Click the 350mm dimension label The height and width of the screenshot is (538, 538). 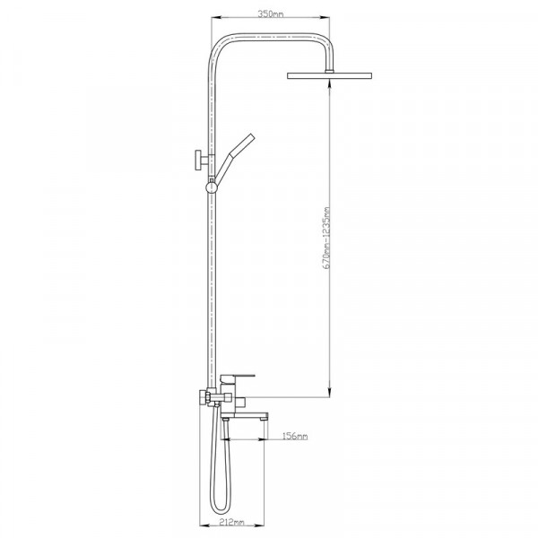(x=271, y=14)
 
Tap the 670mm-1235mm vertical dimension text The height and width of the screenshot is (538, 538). (x=326, y=238)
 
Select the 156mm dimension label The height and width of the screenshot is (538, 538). (x=295, y=436)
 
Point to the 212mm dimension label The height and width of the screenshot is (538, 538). (x=231, y=522)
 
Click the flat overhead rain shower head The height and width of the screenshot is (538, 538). (x=329, y=75)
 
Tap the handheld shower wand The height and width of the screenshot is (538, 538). (x=234, y=157)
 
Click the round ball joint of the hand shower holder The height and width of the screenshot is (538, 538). (x=212, y=187)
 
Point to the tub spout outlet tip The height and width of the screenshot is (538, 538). (x=265, y=418)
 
